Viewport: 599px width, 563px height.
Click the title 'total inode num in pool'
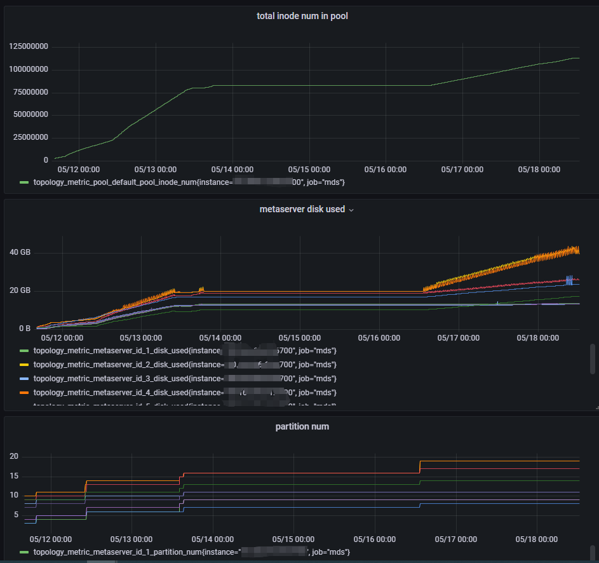point(302,16)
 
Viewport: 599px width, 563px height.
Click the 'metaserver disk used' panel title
point(302,209)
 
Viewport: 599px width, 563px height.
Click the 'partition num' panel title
point(302,426)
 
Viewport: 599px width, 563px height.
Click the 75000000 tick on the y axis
point(30,92)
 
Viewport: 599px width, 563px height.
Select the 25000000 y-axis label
point(30,137)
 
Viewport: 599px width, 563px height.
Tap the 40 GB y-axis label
point(20,253)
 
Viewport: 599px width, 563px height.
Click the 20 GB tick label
point(20,291)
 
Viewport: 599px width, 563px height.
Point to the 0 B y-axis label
point(24,329)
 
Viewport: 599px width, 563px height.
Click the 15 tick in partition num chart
point(14,476)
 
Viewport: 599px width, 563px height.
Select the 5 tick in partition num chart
point(16,515)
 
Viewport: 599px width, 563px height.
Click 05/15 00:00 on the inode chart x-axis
point(309,170)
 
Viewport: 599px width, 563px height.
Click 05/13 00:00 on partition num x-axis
point(130,539)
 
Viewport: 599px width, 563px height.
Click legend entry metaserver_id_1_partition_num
point(191,553)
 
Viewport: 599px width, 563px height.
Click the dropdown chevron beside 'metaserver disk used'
point(351,210)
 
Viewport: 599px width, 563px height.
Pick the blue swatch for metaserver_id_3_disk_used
point(25,379)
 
